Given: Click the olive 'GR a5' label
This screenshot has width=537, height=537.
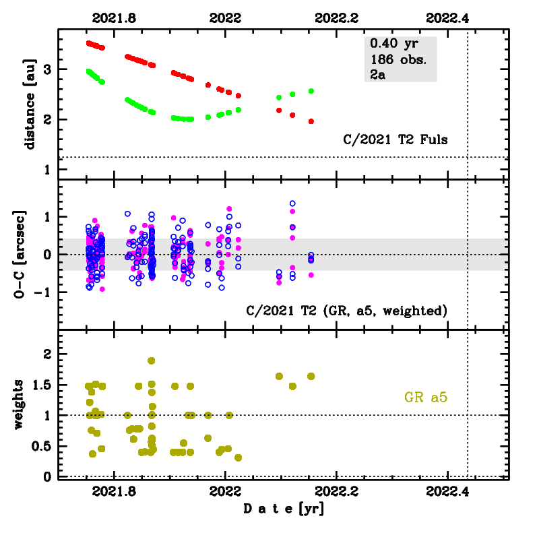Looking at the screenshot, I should click(426, 398).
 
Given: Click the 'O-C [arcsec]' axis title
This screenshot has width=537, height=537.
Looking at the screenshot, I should click(30, 254).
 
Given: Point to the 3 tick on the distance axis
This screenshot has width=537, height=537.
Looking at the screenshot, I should click(48, 70).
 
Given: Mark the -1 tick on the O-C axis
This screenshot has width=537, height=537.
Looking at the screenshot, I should click(45, 292).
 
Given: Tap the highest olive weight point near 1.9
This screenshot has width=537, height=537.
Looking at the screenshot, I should click(152, 360).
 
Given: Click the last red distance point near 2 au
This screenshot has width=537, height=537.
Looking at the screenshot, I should click(311, 121).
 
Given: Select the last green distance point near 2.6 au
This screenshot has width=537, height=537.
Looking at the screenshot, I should click(311, 91).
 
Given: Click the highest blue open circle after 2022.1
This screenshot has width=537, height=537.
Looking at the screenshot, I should click(292, 203).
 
